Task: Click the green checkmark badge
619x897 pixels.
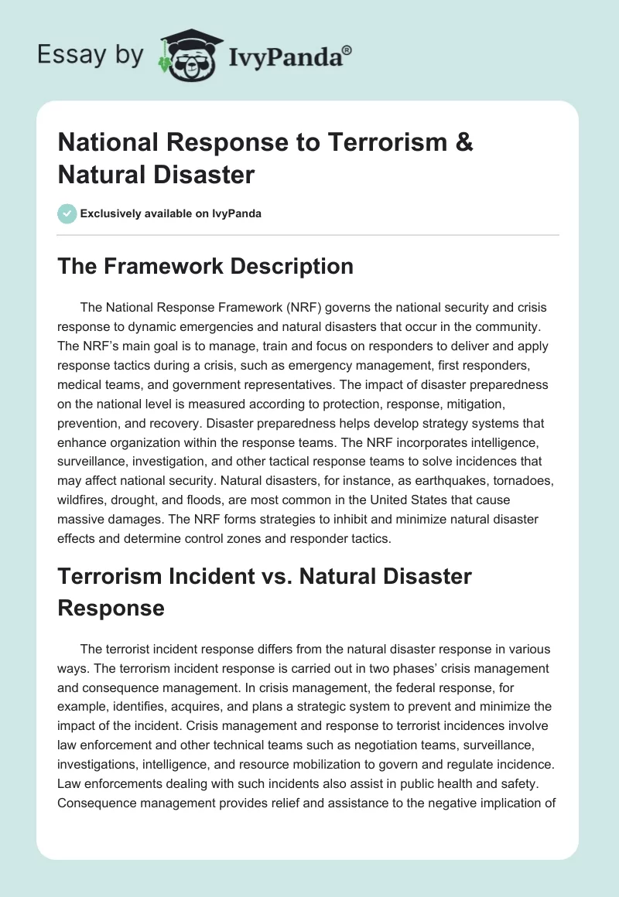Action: pos(67,213)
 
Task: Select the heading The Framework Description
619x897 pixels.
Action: pos(206,266)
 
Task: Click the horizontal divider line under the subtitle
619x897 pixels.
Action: pos(309,234)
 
